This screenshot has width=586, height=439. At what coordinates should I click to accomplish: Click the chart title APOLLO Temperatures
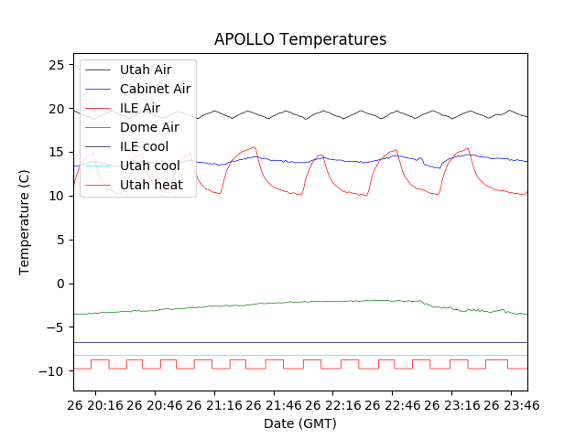pyautogui.click(x=300, y=39)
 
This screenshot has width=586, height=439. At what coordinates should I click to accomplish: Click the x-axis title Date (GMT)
pyautogui.click(x=300, y=423)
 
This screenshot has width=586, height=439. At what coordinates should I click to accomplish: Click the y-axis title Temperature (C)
pyautogui.click(x=25, y=222)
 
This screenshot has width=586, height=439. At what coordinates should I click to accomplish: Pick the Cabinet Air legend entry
pyautogui.click(x=155, y=89)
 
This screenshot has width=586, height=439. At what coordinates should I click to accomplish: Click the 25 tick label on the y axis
pyautogui.click(x=56, y=65)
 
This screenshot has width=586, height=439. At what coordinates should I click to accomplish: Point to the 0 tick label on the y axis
pyautogui.click(x=60, y=284)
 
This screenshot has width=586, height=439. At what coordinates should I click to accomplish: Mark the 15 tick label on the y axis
pyautogui.click(x=56, y=153)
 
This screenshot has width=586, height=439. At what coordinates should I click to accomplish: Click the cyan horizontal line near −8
pyautogui.click(x=302, y=355)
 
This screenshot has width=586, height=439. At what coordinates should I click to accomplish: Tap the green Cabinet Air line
pyautogui.click(x=302, y=303)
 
